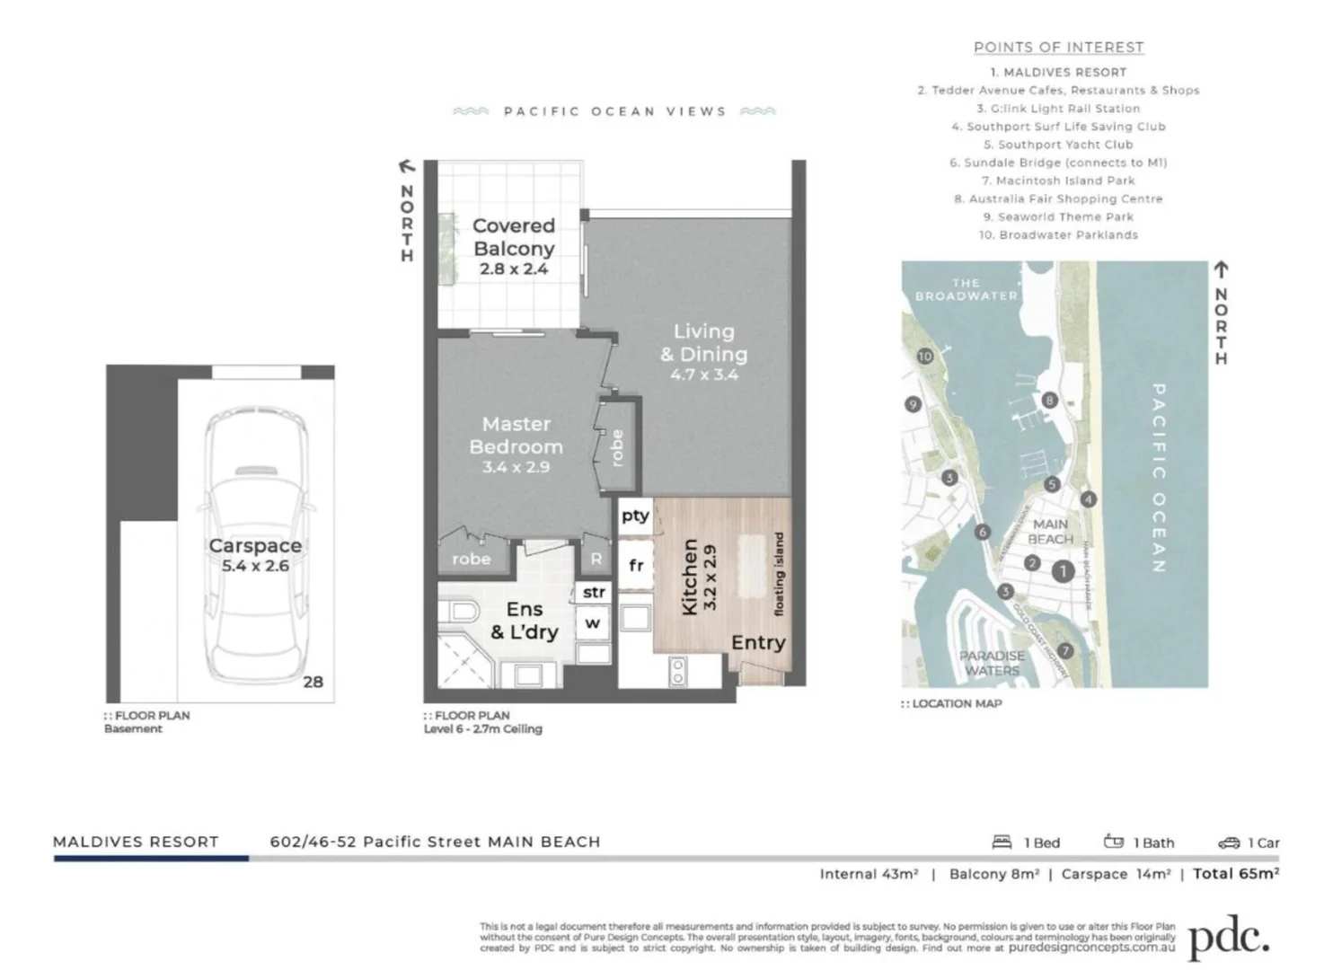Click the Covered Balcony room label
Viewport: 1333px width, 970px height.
pyautogui.click(x=513, y=237)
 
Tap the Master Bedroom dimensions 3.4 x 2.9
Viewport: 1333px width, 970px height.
pyautogui.click(x=516, y=467)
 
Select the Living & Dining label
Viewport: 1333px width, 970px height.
pyautogui.click(x=703, y=343)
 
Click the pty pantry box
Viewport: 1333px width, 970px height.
pyautogui.click(x=635, y=516)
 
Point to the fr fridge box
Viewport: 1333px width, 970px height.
pyautogui.click(x=636, y=565)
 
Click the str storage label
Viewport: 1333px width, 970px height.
pyautogui.click(x=594, y=593)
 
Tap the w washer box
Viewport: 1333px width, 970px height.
pyautogui.click(x=593, y=622)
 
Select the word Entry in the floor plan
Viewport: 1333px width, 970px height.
pyautogui.click(x=758, y=642)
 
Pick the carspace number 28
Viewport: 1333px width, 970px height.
pyautogui.click(x=313, y=682)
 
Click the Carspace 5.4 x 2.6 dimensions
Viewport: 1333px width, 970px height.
pyautogui.click(x=255, y=566)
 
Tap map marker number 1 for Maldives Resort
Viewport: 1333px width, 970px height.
pyautogui.click(x=1063, y=570)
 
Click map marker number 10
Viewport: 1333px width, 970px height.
pyautogui.click(x=925, y=357)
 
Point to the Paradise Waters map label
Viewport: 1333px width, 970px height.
pyautogui.click(x=992, y=663)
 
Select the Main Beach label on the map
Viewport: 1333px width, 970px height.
pyautogui.click(x=1049, y=531)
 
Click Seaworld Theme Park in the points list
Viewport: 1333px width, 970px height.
pyautogui.click(x=1058, y=216)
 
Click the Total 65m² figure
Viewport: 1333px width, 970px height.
pyautogui.click(x=1235, y=873)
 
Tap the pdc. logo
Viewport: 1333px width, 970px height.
pyautogui.click(x=1228, y=939)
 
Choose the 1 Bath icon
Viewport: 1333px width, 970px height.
pyautogui.click(x=1114, y=842)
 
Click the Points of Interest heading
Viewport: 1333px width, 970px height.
pyautogui.click(x=1058, y=48)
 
